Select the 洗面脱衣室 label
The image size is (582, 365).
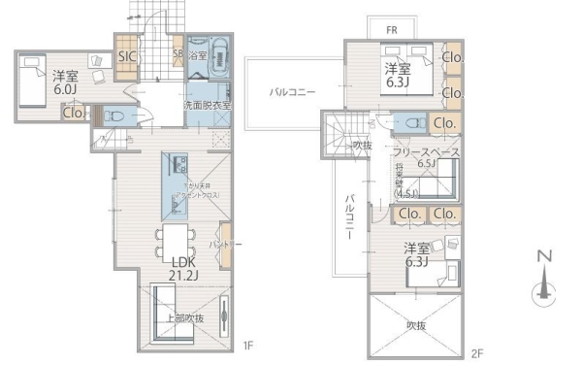207,104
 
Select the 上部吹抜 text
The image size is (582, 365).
181,317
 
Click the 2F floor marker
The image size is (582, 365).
476,352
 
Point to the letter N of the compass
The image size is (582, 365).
543,257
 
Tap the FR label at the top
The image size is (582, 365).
391,30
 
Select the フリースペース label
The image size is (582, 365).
427,151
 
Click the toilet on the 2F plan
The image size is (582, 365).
406,123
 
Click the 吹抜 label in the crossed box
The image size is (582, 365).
417,325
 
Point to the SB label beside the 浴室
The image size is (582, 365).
178,54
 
